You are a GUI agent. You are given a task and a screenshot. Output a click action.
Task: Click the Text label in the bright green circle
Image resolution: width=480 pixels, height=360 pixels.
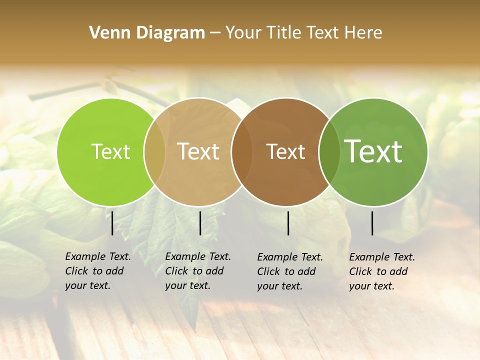coord(110,151)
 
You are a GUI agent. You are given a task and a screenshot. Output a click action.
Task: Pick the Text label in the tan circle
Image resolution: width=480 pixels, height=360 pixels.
coord(198,151)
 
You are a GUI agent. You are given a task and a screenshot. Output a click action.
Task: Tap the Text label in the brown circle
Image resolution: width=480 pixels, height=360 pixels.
coord(285,151)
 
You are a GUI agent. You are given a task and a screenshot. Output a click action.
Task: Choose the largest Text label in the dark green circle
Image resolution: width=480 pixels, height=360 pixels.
coord(373,151)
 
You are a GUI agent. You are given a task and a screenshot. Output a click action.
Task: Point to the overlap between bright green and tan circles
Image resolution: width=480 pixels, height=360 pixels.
coord(154,151)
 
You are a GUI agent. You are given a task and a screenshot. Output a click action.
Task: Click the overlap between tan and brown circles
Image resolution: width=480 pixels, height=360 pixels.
coord(242,151)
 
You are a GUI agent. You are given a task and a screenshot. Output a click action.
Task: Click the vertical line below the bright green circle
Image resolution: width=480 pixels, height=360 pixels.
coord(112,223)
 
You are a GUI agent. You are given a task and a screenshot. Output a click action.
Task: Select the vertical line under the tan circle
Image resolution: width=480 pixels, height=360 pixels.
coord(200,223)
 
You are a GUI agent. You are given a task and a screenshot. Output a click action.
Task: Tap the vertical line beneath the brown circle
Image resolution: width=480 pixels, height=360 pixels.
coord(288,223)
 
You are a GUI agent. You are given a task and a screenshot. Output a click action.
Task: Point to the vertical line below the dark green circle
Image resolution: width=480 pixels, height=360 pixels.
coord(372,223)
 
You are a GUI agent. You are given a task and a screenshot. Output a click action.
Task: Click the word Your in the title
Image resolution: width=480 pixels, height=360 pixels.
coord(243,33)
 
